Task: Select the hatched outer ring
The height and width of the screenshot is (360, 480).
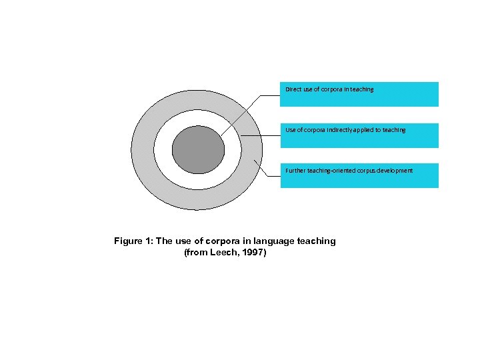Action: coord(143,149)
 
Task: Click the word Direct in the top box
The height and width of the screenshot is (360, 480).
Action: coord(293,89)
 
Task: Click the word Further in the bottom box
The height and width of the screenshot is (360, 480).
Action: coord(295,171)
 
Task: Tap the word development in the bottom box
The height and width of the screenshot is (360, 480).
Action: coord(396,171)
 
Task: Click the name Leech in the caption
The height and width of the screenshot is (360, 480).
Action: coord(219,253)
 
